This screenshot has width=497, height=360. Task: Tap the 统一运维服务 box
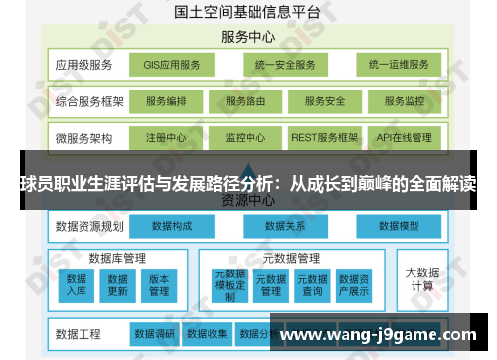(398, 66)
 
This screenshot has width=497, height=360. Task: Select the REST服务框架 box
(325, 137)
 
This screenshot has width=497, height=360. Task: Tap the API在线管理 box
(405, 137)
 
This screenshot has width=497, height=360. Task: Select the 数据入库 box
(77, 284)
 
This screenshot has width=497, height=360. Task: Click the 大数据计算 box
(421, 277)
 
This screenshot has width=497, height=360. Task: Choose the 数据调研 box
(154, 333)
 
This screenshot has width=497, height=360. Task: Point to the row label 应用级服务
(84, 66)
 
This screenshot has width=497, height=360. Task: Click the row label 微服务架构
(84, 137)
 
